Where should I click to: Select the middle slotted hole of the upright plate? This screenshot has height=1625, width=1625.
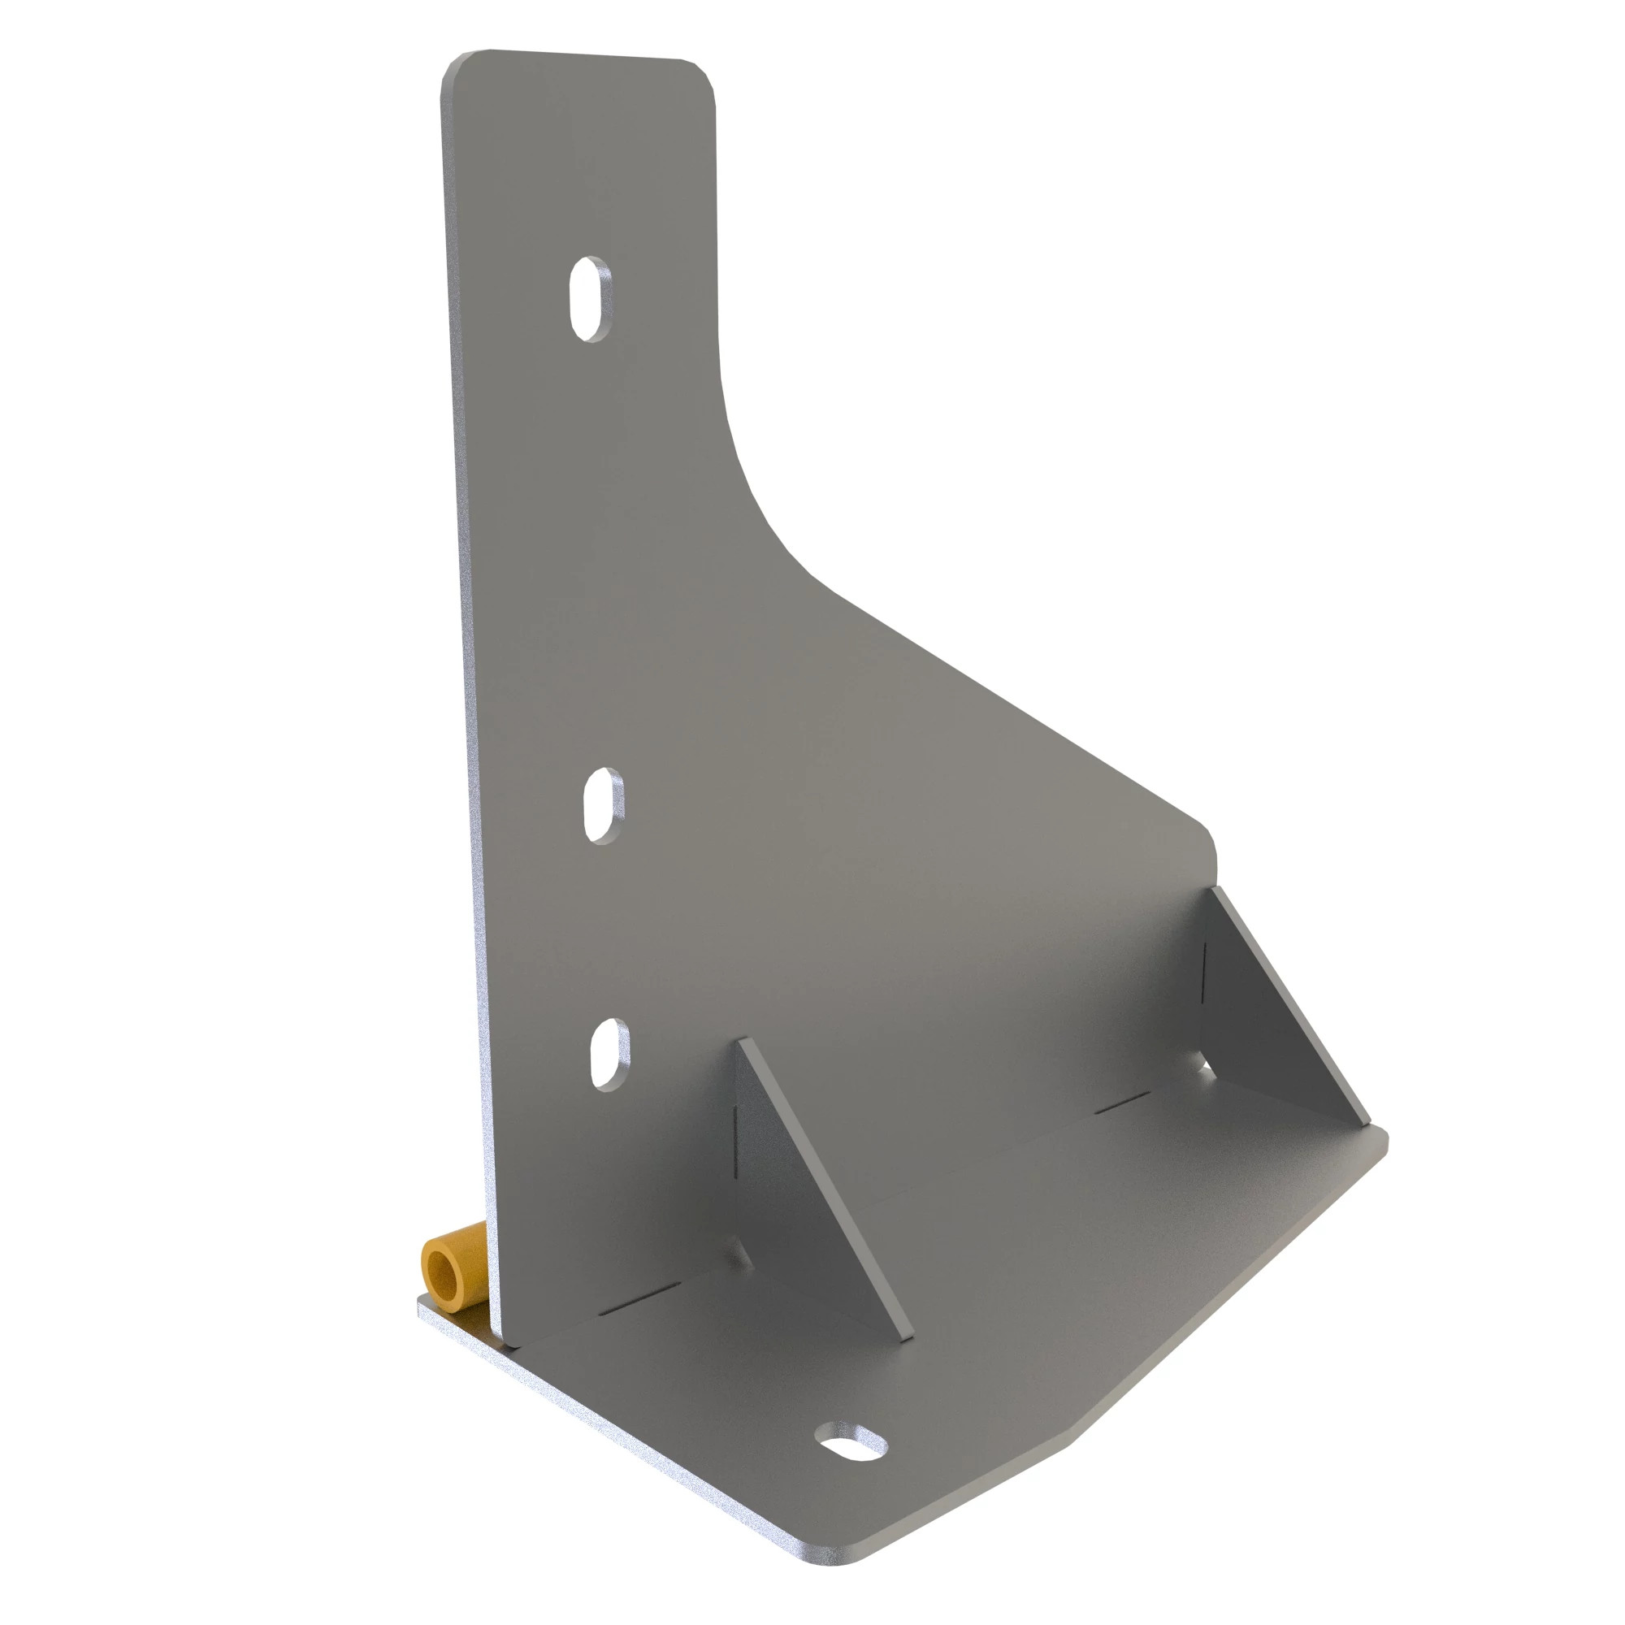(603, 806)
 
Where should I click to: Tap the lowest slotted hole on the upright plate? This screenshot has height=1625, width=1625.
(609, 1054)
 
